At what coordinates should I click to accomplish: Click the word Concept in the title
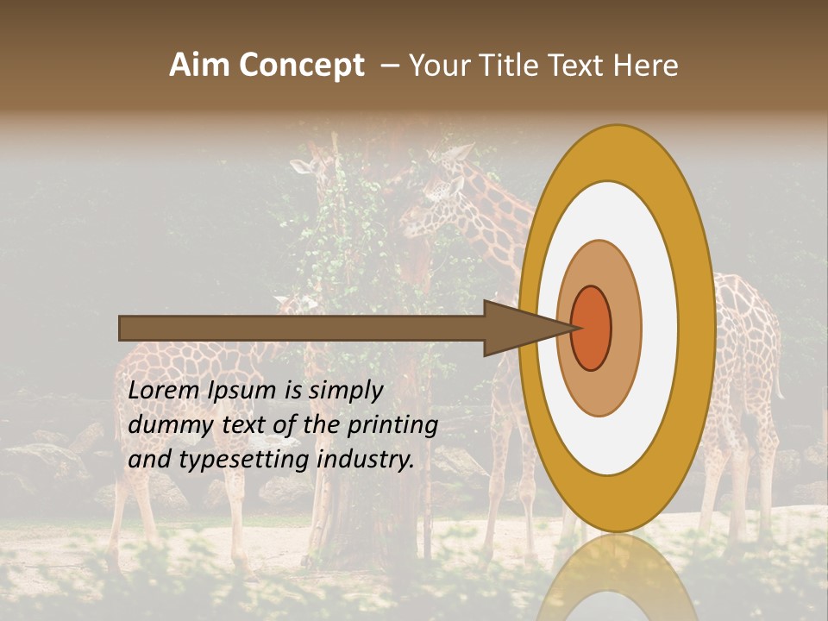[x=301, y=66]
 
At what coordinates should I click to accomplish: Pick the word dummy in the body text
[x=165, y=425]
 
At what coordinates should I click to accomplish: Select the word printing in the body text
[x=392, y=426]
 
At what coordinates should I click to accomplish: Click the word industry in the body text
[x=366, y=459]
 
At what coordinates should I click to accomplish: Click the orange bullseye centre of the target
[x=592, y=328]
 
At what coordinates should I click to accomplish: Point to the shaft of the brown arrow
[x=302, y=328]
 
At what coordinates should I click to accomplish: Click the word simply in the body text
[x=345, y=391]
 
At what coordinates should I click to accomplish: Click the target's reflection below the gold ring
[x=616, y=578]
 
